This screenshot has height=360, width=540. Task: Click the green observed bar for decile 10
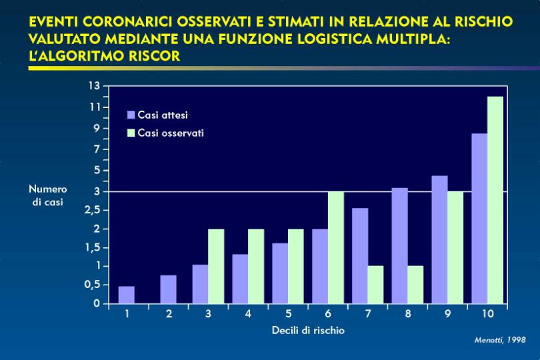[495, 200]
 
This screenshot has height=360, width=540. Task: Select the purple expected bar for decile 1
[127, 295]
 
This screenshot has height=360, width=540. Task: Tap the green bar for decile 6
[336, 248]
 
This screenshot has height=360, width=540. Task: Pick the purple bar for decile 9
[439, 240]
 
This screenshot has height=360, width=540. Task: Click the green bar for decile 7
[375, 285]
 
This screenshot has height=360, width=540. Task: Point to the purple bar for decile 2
[169, 289]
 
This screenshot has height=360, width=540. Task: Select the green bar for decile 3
[216, 266]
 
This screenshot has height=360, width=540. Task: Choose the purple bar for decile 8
[399, 245]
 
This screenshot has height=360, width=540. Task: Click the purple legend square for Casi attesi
[131, 115]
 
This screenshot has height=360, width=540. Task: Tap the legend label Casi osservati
[171, 133]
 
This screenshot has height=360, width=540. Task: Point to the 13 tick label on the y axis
[94, 86]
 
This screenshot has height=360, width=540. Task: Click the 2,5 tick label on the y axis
[92, 210]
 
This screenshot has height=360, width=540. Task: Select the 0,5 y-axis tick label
[92, 285]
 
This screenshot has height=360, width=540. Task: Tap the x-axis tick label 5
[288, 314]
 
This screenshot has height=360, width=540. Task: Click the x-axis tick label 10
[487, 314]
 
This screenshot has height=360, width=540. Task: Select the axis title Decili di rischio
[308, 331]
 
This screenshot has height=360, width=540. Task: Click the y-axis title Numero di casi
[48, 195]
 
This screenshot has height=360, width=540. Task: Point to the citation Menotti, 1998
[500, 340]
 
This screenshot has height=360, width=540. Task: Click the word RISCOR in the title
[149, 56]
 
